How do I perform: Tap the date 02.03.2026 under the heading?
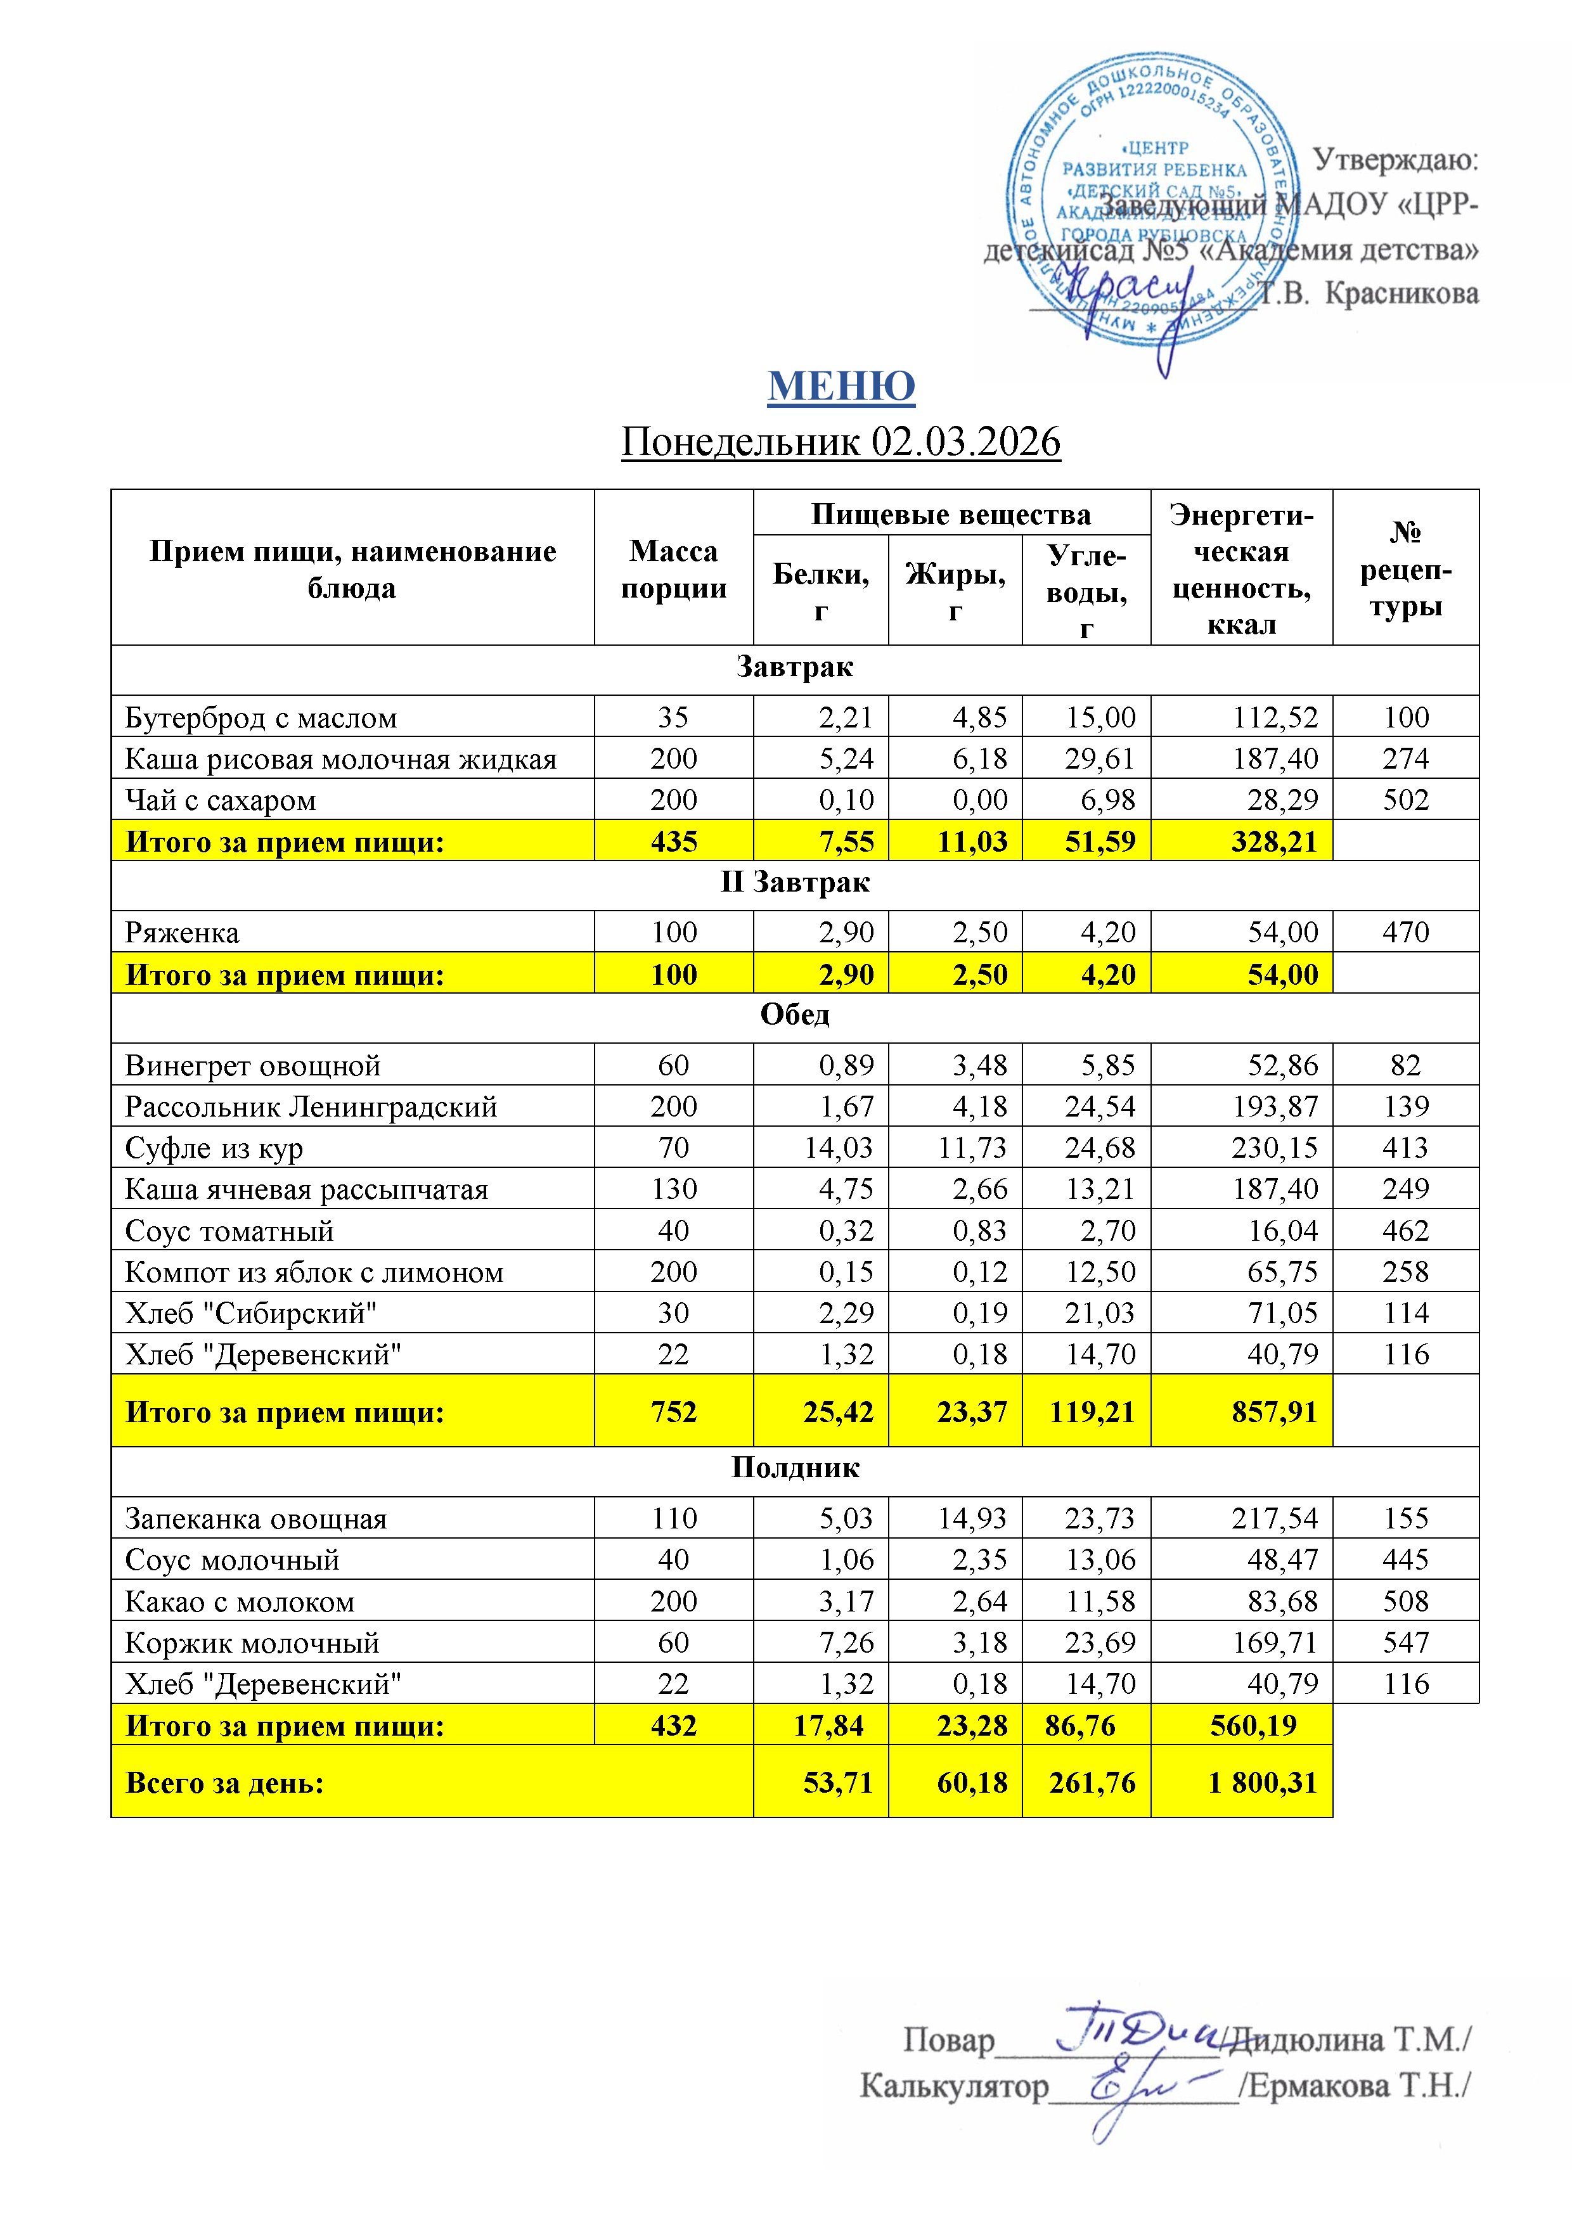965,442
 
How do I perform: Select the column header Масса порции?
673,569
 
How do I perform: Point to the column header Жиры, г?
955,591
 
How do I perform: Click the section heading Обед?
794,1015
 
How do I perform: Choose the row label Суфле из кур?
214,1148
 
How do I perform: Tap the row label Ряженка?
182,932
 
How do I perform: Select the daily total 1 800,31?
1263,1783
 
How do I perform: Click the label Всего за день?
225,1783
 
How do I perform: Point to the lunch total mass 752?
673,1412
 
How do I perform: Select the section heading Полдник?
794,1468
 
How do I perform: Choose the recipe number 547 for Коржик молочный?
1405,1643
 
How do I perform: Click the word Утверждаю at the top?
1395,160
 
